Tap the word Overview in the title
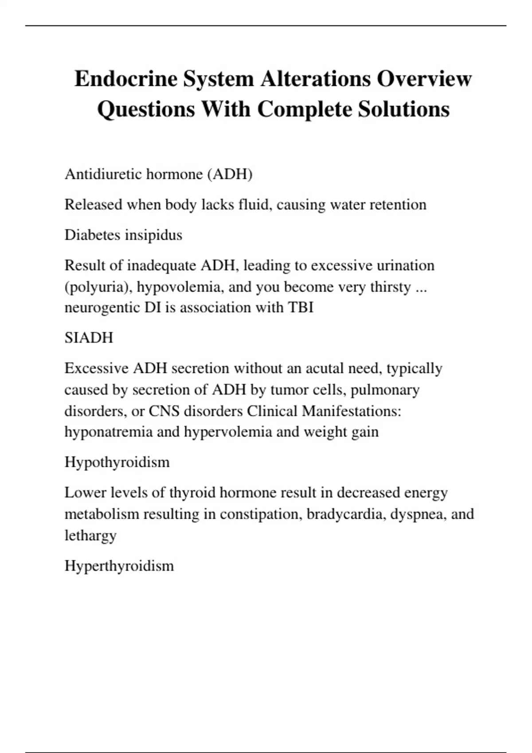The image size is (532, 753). (424, 79)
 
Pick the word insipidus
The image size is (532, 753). (154, 235)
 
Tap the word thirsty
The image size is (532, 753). (391, 287)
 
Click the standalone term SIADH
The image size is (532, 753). (89, 338)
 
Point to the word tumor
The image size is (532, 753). (286, 390)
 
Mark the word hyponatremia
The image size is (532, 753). (109, 432)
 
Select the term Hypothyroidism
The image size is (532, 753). (117, 462)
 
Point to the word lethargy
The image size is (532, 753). (90, 536)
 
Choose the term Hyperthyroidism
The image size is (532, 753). (119, 566)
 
